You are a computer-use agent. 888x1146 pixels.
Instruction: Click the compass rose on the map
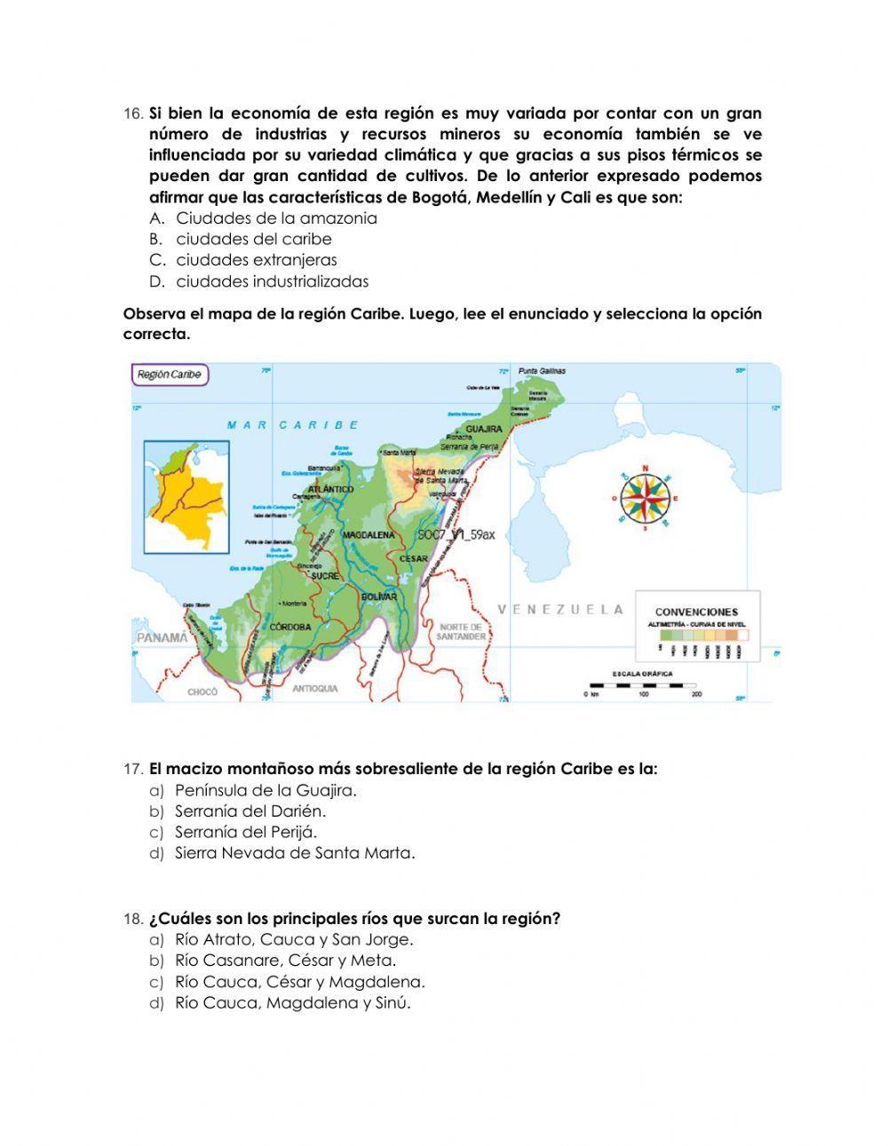coord(646,498)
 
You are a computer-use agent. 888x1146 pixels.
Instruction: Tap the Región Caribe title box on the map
coord(169,375)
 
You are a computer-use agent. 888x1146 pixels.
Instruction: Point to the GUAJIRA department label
coord(484,429)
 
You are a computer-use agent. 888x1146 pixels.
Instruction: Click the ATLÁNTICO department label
coord(330,489)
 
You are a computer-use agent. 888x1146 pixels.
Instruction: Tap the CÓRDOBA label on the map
coord(290,627)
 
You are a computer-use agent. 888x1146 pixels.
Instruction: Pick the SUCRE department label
coord(325,576)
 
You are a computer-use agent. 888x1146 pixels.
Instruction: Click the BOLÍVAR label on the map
coord(379,597)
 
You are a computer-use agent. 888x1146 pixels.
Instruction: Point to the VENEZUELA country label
coord(560,610)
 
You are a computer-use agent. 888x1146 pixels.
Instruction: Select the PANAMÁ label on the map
coord(162,637)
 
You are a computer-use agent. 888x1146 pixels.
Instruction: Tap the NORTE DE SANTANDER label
coord(462,632)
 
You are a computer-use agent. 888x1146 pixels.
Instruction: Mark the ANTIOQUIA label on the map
coord(315,688)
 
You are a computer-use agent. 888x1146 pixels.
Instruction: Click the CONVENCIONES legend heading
coord(696,612)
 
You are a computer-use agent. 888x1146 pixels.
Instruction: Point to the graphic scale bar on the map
coord(643,685)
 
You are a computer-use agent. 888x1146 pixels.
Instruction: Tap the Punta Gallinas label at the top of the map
coord(542,371)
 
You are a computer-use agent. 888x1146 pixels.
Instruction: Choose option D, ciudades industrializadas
coord(272,281)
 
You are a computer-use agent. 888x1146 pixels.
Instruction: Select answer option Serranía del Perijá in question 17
coord(246,832)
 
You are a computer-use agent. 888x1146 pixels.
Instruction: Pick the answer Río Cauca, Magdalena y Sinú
coord(293,1003)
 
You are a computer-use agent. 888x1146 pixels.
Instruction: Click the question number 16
coord(132,114)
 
